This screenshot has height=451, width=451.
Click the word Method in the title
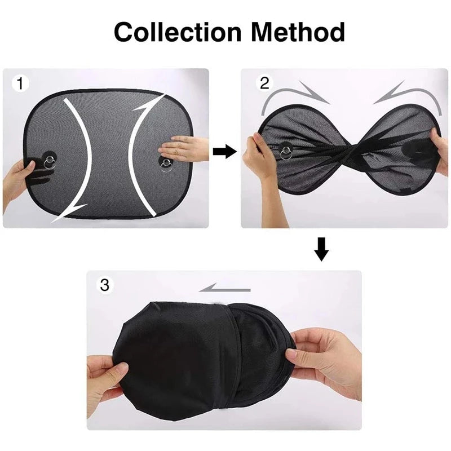pyautogui.click(x=298, y=33)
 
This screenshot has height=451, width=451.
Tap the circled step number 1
pyautogui.click(x=21, y=84)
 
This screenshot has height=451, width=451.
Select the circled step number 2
pyautogui.click(x=264, y=83)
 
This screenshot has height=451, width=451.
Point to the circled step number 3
pyautogui.click(x=104, y=285)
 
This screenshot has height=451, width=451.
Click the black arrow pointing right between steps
pyautogui.click(x=225, y=151)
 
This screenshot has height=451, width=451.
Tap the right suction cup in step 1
pyautogui.click(x=166, y=163)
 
